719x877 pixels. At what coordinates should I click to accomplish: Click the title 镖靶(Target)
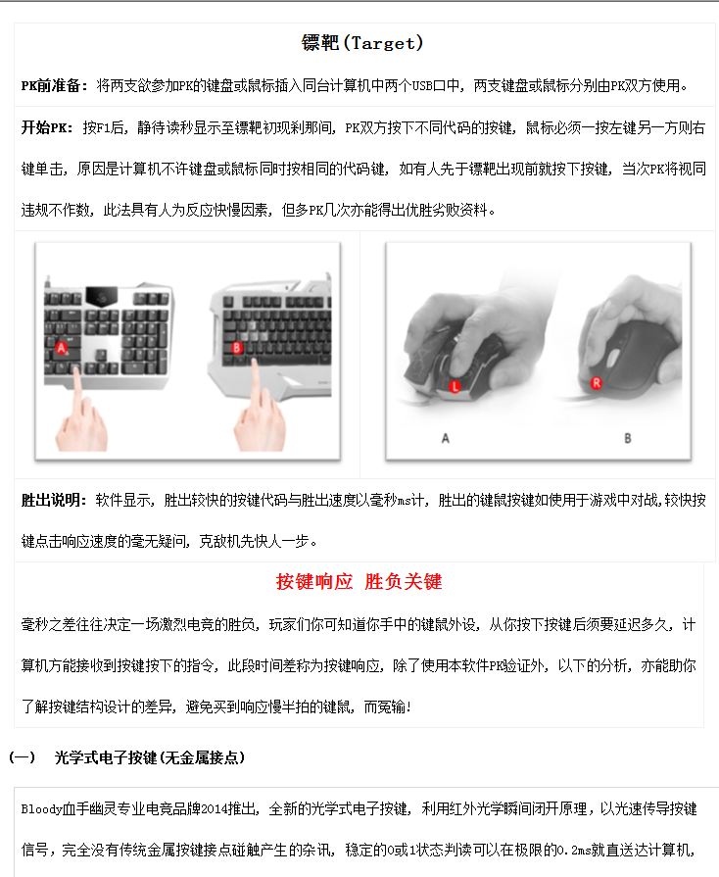(361, 43)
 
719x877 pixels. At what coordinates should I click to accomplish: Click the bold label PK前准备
(54, 86)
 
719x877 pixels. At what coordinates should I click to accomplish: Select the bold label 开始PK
(46, 128)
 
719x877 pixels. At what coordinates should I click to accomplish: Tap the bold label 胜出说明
(54, 501)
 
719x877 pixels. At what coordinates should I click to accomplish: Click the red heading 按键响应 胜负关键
(359, 582)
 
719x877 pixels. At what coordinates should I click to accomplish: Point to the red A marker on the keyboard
(62, 347)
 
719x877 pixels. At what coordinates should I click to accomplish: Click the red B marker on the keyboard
(237, 346)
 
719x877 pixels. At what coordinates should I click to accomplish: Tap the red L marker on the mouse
(455, 387)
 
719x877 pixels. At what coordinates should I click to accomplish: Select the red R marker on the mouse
(597, 383)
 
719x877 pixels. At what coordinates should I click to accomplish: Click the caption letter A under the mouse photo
(446, 438)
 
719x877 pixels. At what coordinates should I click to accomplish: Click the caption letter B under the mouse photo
(628, 438)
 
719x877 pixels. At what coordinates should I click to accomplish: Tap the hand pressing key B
(258, 416)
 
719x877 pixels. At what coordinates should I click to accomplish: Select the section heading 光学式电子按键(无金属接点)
(149, 757)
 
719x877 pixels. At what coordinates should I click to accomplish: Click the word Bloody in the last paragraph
(40, 809)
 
